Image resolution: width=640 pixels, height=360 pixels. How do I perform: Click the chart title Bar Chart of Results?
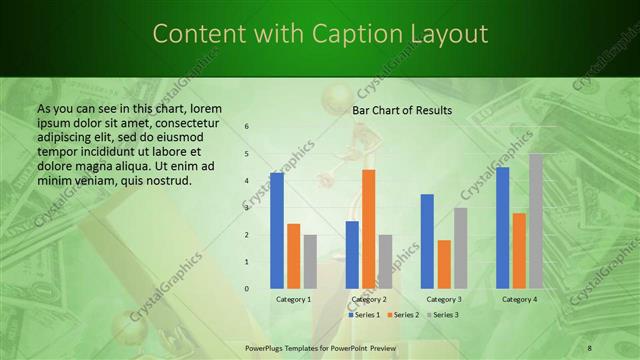[402, 110]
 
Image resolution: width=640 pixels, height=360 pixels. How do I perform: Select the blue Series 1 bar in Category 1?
[277, 230]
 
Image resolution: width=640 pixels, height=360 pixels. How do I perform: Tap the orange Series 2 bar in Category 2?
[368, 229]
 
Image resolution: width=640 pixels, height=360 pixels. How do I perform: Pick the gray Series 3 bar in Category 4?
[536, 221]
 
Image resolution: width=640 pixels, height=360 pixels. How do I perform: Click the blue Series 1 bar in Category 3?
[427, 241]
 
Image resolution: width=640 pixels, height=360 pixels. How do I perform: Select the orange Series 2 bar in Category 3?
[444, 264]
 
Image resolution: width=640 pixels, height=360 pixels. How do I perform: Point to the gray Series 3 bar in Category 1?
[310, 261]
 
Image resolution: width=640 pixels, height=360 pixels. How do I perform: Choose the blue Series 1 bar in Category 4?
[502, 228]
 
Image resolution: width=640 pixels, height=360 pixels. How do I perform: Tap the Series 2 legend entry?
[403, 315]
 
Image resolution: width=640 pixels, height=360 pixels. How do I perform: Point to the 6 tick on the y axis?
[247, 127]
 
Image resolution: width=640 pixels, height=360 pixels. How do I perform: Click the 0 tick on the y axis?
[247, 289]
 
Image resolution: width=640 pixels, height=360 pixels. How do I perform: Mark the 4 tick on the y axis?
[247, 181]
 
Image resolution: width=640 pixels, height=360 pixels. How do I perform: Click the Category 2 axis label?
[369, 299]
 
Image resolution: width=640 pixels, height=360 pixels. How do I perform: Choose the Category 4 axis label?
[519, 299]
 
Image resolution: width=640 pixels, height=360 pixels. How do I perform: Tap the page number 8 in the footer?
[589, 347]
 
